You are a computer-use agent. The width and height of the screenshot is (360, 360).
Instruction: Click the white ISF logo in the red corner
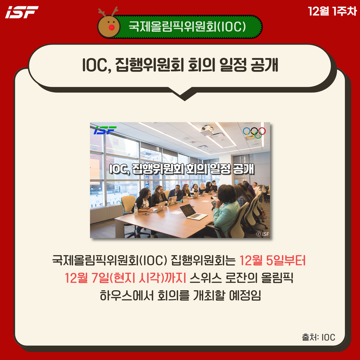(22, 12)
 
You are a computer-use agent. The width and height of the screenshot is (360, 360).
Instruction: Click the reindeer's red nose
(112, 27)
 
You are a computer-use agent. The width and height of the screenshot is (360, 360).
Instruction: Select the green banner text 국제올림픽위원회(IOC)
(187, 27)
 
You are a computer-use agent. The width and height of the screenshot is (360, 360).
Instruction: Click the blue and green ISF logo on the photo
(105, 130)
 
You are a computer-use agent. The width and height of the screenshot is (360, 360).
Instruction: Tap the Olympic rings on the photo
(254, 133)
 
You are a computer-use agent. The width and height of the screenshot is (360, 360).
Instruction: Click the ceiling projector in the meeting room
(207, 130)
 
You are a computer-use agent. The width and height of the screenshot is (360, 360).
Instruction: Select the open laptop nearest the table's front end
(193, 211)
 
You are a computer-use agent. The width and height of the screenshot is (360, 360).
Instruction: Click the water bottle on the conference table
(136, 209)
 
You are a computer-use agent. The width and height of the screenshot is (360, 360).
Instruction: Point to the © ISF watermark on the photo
(262, 234)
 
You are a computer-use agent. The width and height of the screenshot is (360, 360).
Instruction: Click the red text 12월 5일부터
(273, 261)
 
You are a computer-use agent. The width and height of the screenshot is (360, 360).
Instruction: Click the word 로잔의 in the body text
(241, 278)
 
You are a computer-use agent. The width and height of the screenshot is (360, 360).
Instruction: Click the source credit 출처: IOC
(319, 337)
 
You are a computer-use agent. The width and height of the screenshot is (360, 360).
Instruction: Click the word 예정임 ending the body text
(245, 296)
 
